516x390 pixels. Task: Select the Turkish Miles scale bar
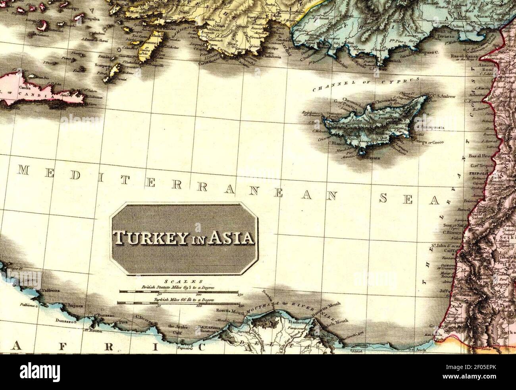tap(178, 303)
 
